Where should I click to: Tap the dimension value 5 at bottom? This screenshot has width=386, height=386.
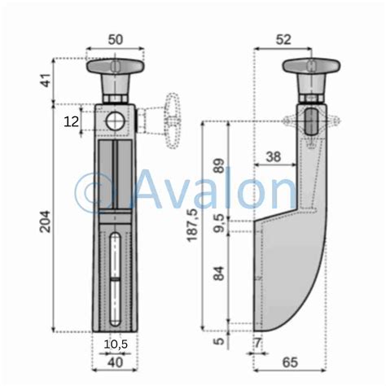(x=218, y=342)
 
